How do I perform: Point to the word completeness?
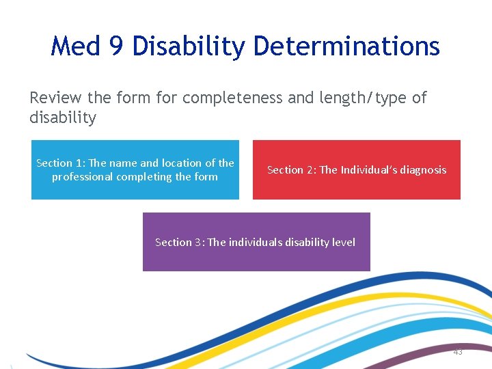tap(232, 98)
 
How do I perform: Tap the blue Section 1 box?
tap(135, 170)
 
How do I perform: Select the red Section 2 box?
tap(357, 170)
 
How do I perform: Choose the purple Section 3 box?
tap(256, 242)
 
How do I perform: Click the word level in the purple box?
tap(343, 243)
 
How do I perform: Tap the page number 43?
tap(457, 351)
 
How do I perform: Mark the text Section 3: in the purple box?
tap(179, 243)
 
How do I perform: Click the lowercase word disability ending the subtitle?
tap(63, 118)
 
